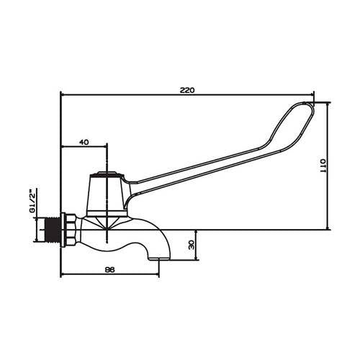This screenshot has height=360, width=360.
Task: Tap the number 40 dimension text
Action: point(84,143)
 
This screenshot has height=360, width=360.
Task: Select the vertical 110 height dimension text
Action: point(323,167)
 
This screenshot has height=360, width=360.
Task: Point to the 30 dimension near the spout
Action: point(190,244)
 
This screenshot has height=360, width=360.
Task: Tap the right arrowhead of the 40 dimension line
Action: point(104,148)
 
